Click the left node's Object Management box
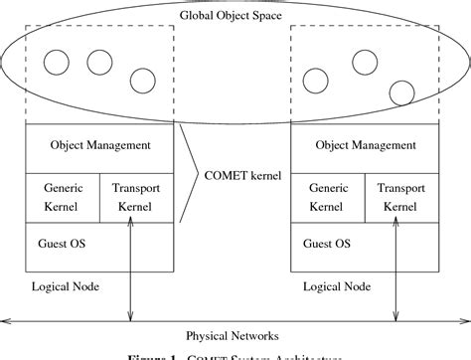pyautogui.click(x=100, y=146)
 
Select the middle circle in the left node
pyautogui.click(x=98, y=62)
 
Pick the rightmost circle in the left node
pyautogui.click(x=141, y=81)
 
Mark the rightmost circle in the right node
pyautogui.click(x=400, y=92)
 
